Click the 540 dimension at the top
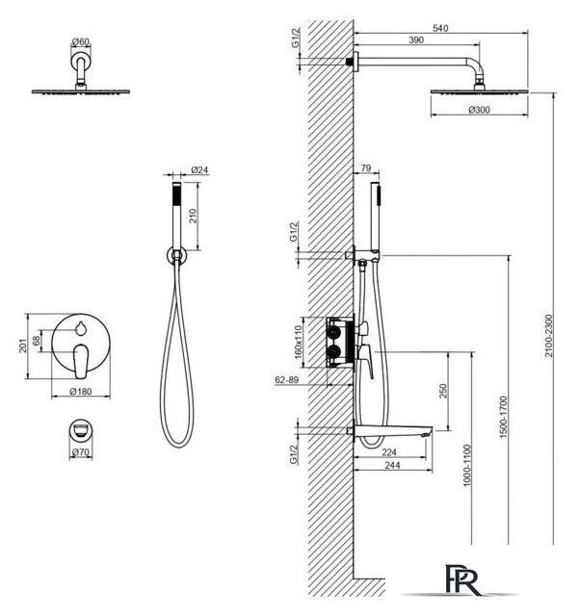(x=440, y=28)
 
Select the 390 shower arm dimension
(x=416, y=40)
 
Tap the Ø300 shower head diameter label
(x=480, y=110)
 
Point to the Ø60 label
(x=81, y=41)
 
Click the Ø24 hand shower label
(x=199, y=169)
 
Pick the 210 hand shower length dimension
(x=193, y=216)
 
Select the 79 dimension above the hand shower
(x=366, y=167)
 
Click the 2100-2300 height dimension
(x=548, y=336)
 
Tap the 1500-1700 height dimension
(x=504, y=417)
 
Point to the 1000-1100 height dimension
(x=466, y=466)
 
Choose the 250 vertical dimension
(x=443, y=391)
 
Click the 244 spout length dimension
(x=392, y=465)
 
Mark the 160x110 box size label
(x=298, y=342)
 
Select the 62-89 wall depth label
(x=287, y=379)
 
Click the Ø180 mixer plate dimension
(x=81, y=392)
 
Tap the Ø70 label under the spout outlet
(x=81, y=452)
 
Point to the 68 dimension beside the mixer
(x=37, y=341)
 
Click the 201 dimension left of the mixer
(x=23, y=346)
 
